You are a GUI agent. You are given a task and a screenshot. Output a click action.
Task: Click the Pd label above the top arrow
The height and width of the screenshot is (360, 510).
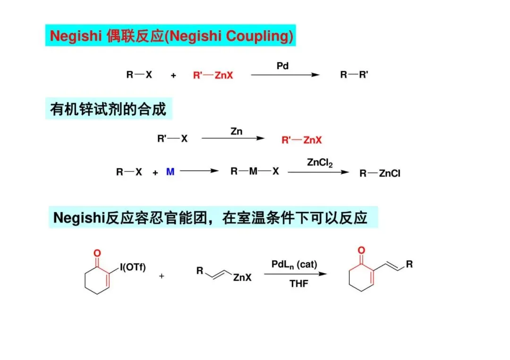282,66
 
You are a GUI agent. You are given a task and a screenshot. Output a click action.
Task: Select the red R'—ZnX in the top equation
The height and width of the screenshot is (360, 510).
213,75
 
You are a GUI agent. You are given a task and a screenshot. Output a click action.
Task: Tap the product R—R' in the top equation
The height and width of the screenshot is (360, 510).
354,75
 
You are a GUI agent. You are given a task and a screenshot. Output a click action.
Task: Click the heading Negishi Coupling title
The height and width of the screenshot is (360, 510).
171,36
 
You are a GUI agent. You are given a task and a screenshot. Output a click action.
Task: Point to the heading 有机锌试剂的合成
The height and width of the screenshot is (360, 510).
109,109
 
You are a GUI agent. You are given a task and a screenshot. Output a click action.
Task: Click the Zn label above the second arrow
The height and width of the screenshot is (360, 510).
237,132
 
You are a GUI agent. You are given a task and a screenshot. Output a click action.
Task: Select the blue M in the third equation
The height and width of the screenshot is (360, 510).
170,172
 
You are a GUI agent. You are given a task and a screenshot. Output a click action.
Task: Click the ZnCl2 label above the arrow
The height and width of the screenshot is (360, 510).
320,163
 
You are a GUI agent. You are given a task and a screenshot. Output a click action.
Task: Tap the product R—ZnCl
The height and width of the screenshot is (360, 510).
380,174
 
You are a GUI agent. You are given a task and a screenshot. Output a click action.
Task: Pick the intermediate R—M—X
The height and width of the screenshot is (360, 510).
255,172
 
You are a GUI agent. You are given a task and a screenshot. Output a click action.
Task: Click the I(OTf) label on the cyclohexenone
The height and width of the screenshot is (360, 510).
133,268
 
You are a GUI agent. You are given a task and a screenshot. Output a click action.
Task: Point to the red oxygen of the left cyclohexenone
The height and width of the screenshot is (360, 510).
97,253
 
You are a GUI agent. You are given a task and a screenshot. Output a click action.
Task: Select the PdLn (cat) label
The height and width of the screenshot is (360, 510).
294,264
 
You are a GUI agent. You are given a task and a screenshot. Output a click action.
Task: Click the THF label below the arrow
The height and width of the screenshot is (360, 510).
299,284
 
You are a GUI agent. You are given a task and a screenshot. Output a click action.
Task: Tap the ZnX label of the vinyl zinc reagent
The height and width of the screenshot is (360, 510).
242,278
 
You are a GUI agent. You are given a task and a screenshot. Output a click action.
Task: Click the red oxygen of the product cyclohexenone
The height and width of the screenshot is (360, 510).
361,250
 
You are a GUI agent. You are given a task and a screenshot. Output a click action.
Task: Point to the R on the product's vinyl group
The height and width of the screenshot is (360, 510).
409,264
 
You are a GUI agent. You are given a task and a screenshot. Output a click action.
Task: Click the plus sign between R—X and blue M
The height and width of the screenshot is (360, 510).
155,173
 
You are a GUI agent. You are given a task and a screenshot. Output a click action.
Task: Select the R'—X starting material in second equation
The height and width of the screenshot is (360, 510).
172,139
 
